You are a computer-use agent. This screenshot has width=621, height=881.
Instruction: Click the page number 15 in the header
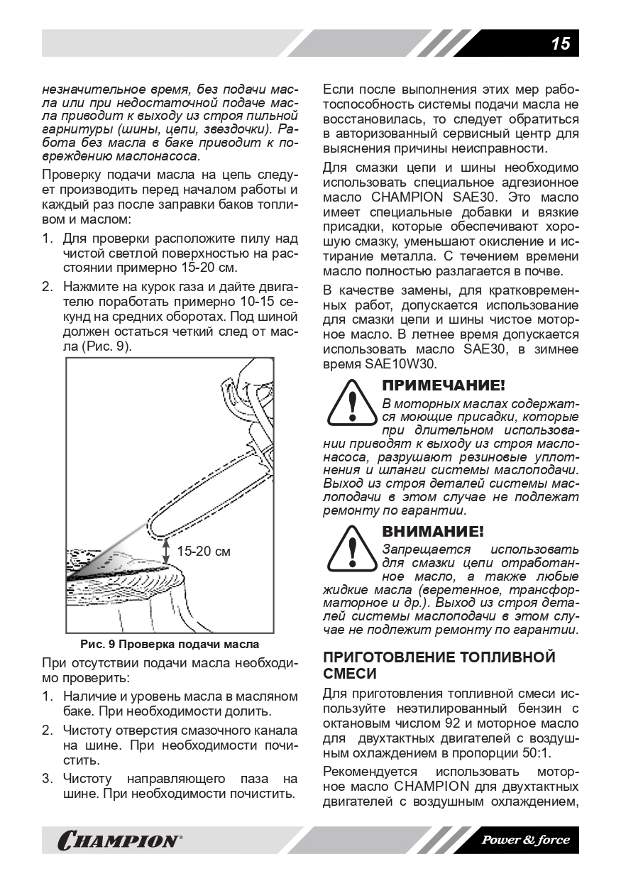click(560, 43)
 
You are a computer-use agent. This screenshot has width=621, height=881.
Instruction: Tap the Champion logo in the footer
click(118, 841)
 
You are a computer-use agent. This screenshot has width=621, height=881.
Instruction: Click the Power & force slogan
click(526, 840)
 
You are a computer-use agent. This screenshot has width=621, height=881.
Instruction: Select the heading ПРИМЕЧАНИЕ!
click(444, 386)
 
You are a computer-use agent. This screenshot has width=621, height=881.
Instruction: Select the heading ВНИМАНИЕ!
click(434, 532)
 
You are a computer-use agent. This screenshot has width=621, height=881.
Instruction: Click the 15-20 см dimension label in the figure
click(203, 550)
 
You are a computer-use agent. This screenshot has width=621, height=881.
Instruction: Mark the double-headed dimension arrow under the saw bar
click(166, 550)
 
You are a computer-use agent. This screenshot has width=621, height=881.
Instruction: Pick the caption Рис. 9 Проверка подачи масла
click(170, 644)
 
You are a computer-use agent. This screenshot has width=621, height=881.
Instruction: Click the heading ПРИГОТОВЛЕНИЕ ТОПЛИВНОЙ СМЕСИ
click(439, 664)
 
